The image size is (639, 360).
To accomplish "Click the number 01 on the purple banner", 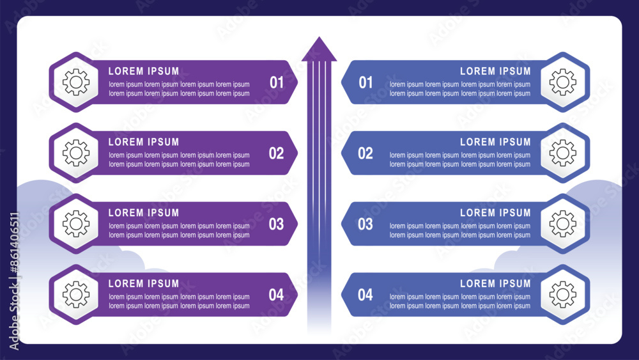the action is coord(277,82).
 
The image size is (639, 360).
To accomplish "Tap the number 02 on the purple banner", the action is coord(276,153).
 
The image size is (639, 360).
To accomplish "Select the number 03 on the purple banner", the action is coord(276,224).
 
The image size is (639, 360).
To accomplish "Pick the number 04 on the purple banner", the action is coord(276,295).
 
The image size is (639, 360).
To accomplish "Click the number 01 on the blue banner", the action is coord(366,82).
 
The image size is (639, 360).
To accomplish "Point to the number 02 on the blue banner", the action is coord(366,153).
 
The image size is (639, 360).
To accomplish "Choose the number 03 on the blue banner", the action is coord(366,224).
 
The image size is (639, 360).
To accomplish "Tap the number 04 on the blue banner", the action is coord(366,295).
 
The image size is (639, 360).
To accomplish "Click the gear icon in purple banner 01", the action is coord(76,82).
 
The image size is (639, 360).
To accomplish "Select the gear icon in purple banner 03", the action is coord(76,223).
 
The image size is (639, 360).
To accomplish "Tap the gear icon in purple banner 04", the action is coord(76,294).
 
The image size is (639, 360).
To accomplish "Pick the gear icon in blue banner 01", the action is coord(563,82).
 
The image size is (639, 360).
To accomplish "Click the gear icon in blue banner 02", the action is coord(563,153).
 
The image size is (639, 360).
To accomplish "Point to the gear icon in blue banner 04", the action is coord(563,294).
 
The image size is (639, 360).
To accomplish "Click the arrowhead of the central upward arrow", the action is coord(319,50).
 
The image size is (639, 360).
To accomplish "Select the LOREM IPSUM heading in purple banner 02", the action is coord(144,142).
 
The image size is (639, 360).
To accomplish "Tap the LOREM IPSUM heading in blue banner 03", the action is coord(496,213).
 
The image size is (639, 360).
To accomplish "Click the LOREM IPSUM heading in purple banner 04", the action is coord(144,283).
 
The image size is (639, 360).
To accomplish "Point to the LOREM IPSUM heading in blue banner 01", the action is coord(496,72).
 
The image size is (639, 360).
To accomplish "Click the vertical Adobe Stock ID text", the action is coord(14,281).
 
